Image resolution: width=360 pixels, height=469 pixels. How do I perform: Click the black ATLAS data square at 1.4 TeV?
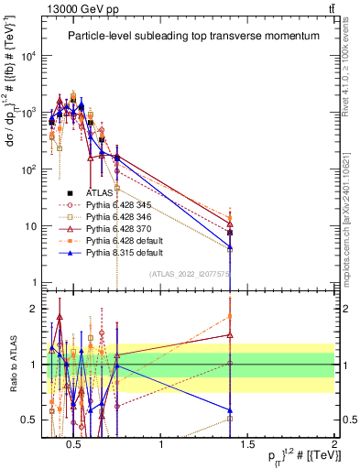click(x=230, y=233)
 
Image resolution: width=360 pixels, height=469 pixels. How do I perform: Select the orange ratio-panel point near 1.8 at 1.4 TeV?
click(x=230, y=317)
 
